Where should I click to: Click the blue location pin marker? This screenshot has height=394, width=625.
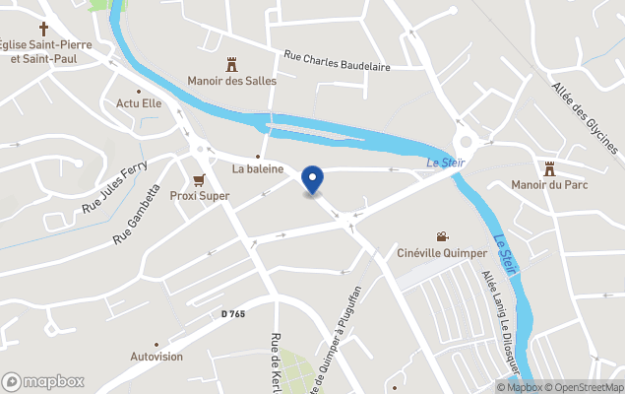pyautogui.click(x=312, y=179)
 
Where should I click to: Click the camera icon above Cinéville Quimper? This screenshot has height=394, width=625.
pyautogui.click(x=443, y=236)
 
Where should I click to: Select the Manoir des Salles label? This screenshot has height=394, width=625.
pyautogui.click(x=232, y=81)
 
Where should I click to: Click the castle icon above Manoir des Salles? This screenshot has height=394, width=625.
pyautogui.click(x=232, y=65)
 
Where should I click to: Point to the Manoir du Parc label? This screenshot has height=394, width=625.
pyautogui.click(x=549, y=184)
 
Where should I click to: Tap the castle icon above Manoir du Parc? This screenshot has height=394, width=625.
pyautogui.click(x=549, y=168)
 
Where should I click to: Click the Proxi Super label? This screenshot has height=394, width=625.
pyautogui.click(x=200, y=195)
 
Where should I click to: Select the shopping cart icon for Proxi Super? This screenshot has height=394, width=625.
pyautogui.click(x=200, y=180)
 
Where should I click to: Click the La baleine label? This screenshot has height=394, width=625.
pyautogui.click(x=258, y=168)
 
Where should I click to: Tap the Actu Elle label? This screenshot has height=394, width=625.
pyautogui.click(x=138, y=102)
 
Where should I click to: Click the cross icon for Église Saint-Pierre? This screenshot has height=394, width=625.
pyautogui.click(x=43, y=29)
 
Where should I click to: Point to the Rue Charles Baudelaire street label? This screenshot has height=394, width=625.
pyautogui.click(x=337, y=61)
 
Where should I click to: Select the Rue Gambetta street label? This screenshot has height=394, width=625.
pyautogui.click(x=137, y=215)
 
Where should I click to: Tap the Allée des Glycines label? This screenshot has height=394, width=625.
pyautogui.click(x=585, y=117)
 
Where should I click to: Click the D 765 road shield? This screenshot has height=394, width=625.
pyautogui.click(x=233, y=314)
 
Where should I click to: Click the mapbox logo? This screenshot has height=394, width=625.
pyautogui.click(x=42, y=381)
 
